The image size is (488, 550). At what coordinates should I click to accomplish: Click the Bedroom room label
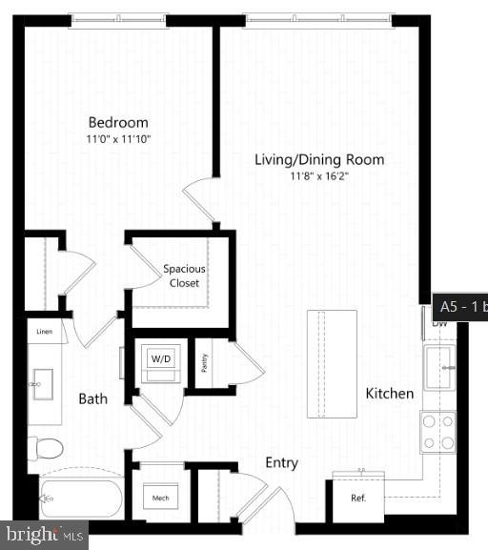tap(118, 122)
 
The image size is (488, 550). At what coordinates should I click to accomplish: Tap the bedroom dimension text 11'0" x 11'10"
tap(118, 139)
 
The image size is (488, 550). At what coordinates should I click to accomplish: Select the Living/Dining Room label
tap(319, 159)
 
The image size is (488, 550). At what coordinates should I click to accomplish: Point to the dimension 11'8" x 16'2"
tap(319, 176)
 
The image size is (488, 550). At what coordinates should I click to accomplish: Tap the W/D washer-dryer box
tap(157, 360)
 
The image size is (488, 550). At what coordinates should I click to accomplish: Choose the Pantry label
tap(203, 362)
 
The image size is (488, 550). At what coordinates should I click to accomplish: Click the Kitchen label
tap(390, 393)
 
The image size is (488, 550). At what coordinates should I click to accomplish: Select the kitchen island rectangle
tap(331, 363)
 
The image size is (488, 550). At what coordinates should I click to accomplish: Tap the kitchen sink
tap(438, 368)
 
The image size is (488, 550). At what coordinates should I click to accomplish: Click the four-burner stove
tap(438, 431)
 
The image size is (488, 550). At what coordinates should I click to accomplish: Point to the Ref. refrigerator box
tap(358, 499)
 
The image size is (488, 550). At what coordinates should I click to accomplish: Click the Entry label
tap(281, 463)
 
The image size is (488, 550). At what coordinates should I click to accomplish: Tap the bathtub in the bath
tap(80, 497)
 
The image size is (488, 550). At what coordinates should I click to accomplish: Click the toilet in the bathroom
tap(45, 447)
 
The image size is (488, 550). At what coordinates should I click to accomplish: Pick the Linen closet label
tap(45, 332)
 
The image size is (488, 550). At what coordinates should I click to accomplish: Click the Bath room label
tap(92, 398)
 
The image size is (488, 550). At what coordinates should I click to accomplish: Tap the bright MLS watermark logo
tap(44, 535)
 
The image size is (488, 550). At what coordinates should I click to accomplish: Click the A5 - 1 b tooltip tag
tap(461, 307)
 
